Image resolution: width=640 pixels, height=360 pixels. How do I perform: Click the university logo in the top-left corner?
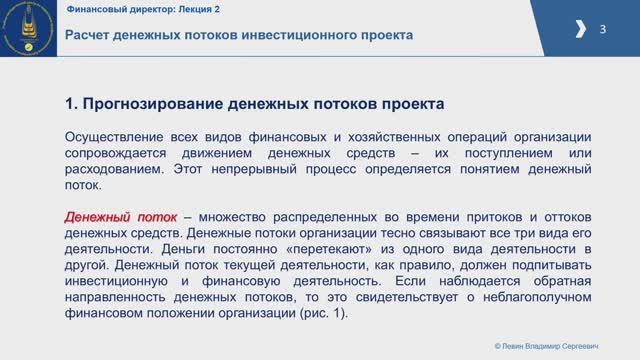[x=27, y=27]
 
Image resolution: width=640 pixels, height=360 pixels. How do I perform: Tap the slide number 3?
[x=603, y=29]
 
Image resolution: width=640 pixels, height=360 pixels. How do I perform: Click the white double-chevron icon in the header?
[x=582, y=30]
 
